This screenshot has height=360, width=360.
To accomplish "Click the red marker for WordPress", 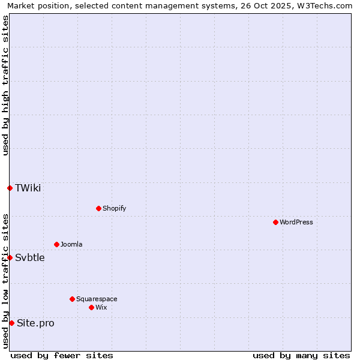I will [275, 222].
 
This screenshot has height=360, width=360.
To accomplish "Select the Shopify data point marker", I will [98, 208].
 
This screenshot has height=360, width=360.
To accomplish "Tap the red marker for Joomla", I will [56, 244].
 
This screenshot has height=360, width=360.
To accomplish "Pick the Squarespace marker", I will [72, 299].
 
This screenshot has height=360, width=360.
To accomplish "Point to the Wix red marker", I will [91, 307].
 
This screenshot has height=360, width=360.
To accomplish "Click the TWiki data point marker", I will [10, 188].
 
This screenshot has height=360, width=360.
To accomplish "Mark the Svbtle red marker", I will [10, 257].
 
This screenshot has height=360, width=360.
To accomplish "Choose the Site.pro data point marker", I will [11, 323].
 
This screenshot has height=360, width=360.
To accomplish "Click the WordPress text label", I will [296, 222].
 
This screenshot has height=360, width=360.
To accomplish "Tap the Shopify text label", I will [114, 208].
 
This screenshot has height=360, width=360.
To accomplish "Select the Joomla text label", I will [71, 244].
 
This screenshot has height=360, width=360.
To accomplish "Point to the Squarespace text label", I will [97, 299].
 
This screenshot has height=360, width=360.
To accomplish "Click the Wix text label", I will [101, 307].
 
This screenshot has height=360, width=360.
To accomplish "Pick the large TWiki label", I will [28, 188].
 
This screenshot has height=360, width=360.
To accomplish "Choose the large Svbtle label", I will [30, 257].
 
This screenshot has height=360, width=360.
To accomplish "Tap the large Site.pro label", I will [35, 323].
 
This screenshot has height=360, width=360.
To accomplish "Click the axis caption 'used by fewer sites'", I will [62, 355].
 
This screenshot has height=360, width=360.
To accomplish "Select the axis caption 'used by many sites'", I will [301, 355].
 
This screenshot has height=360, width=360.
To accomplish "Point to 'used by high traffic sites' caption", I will [5, 85].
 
